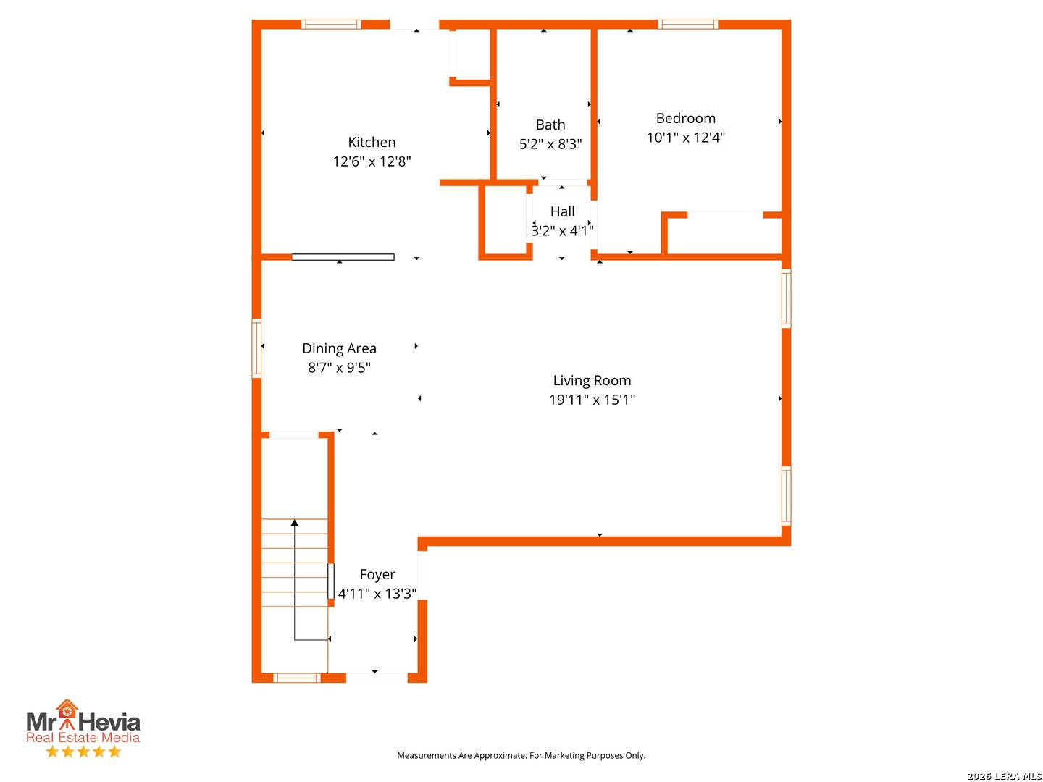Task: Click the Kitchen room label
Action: pyautogui.click(x=372, y=143)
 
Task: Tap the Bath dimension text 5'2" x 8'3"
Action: pyautogui.click(x=550, y=144)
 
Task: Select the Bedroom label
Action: pyautogui.click(x=686, y=118)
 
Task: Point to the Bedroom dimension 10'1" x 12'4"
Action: pyautogui.click(x=686, y=138)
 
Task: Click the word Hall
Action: pyautogui.click(x=562, y=211)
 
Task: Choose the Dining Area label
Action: pyautogui.click(x=339, y=348)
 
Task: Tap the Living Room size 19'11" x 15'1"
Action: pyautogui.click(x=592, y=400)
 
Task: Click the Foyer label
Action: pyautogui.click(x=377, y=575)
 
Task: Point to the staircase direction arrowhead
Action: pyautogui.click(x=295, y=522)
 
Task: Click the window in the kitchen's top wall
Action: pyautogui.click(x=331, y=24)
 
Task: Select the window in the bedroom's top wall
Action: pyautogui.click(x=687, y=24)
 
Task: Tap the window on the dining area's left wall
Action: pyautogui.click(x=256, y=348)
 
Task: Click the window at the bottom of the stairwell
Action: pyautogui.click(x=296, y=678)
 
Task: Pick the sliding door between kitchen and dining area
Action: pyautogui.click(x=343, y=257)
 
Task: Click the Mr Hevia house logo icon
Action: pyautogui.click(x=67, y=715)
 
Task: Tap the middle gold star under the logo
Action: pyautogui.click(x=83, y=752)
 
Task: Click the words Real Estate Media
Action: pyautogui.click(x=83, y=737)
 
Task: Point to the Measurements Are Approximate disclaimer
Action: pyautogui.click(x=521, y=755)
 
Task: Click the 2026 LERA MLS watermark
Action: pyautogui.click(x=1005, y=776)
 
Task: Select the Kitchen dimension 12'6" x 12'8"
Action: pyautogui.click(x=372, y=161)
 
